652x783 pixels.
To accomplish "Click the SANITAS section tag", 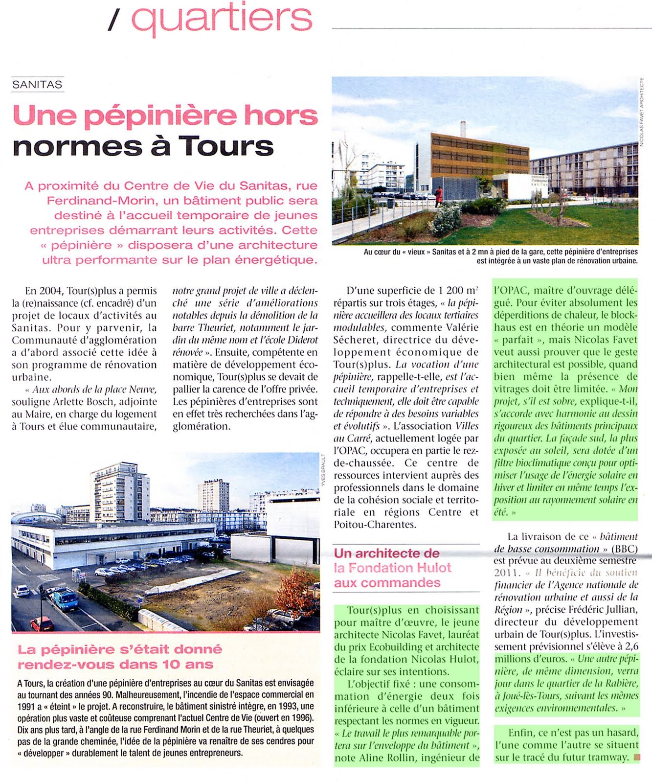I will (x=37, y=84).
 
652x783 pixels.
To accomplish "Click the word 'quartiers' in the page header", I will (x=222, y=18).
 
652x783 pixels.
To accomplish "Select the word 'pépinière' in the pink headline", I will (x=159, y=115).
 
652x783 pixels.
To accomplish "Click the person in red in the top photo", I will (x=439, y=195).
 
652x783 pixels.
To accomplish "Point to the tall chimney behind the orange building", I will (x=463, y=129).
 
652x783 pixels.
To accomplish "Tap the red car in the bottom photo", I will (x=42, y=623).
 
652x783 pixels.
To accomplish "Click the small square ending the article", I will (x=636, y=758).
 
